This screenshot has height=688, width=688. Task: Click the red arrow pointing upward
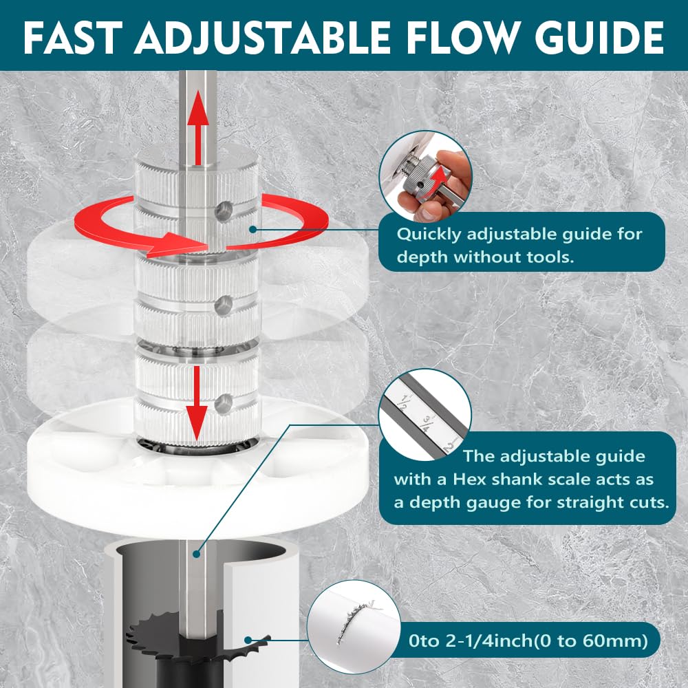coord(198,127)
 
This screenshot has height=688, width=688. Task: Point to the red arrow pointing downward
coord(197,402)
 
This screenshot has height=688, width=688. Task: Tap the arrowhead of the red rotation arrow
coord(175,246)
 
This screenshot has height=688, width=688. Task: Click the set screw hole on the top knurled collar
coord(224,210)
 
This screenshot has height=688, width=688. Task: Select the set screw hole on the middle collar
coord(224,306)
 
